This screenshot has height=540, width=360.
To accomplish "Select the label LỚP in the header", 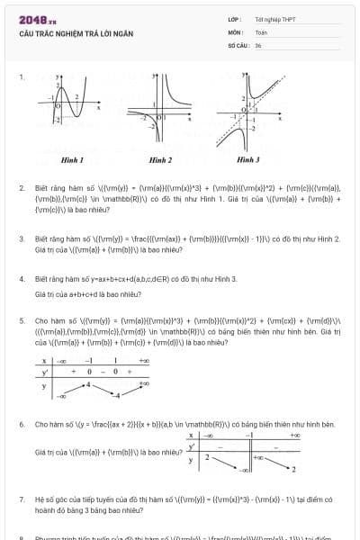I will pos(236,19).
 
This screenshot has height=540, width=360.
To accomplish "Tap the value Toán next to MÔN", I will pos(261,31).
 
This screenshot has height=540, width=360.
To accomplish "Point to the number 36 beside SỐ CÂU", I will pos(258,44).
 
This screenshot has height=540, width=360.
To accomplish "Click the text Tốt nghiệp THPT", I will pos(274,19).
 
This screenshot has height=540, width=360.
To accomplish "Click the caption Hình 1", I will pos(72,159).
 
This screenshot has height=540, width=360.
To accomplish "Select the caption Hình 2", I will pos(160,159).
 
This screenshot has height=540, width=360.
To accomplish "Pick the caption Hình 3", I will pos(247,159).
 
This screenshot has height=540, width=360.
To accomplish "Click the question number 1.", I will pos(21,77).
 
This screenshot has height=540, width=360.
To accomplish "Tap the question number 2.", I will pos(21,188).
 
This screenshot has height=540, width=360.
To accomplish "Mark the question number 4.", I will pos(21,279).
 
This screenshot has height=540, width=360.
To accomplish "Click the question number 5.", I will pos(21,319).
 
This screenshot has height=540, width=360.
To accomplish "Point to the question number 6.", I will pos(21,423).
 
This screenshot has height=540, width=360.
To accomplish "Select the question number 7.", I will pos(21,498).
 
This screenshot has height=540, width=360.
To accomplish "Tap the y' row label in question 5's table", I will pos(43,371).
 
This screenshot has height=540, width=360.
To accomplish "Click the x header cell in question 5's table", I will pos(43,361).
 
